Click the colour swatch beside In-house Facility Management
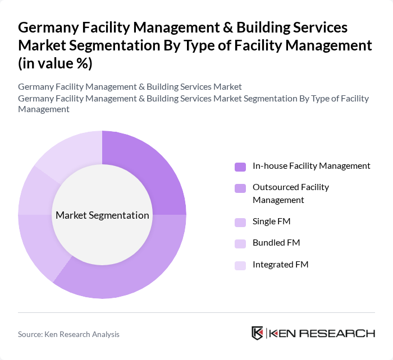(x=240, y=167)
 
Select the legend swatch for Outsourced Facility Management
(x=240, y=188)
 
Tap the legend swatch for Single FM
(x=240, y=222)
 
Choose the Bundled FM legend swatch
(x=240, y=243)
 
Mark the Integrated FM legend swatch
(x=240, y=265)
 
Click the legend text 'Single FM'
(x=271, y=221)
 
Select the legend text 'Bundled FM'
(x=276, y=243)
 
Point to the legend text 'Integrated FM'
(x=280, y=265)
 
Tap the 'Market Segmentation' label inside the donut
(x=102, y=215)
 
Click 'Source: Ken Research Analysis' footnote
(x=68, y=334)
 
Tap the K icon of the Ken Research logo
(x=257, y=333)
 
